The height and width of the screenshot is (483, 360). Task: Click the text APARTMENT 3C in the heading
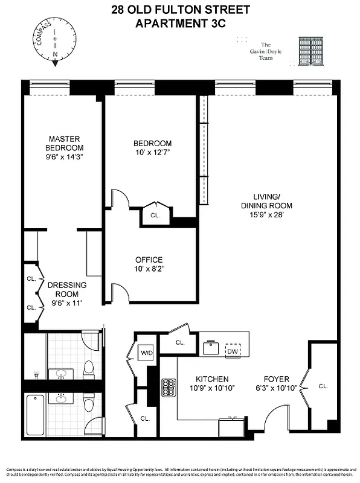click(180, 24)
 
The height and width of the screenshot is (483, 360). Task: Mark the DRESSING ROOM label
click(67, 289)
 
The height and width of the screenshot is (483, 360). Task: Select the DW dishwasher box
click(233, 350)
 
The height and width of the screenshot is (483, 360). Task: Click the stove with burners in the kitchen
click(169, 387)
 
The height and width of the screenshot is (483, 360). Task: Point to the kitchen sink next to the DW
click(211, 347)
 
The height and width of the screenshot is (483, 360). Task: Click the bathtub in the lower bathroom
click(35, 414)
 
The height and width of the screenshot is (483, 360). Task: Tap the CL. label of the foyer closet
click(323, 386)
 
